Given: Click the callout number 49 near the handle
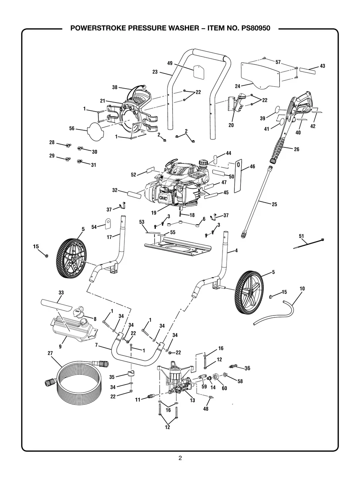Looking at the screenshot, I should (170, 64).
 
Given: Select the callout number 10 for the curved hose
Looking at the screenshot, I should (302, 288).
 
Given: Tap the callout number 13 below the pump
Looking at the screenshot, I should (192, 401).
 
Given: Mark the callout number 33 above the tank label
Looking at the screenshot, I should (61, 292).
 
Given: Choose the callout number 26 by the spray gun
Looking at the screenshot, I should (296, 149).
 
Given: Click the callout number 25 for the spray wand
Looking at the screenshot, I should (274, 204).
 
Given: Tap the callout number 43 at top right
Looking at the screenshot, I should (322, 66).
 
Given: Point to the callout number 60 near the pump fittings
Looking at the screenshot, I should (224, 388).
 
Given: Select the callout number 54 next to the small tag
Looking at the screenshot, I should (94, 226).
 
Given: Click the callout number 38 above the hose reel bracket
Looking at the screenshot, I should (115, 87).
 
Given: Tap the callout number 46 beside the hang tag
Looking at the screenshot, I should (252, 167).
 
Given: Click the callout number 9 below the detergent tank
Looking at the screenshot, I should (60, 346).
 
